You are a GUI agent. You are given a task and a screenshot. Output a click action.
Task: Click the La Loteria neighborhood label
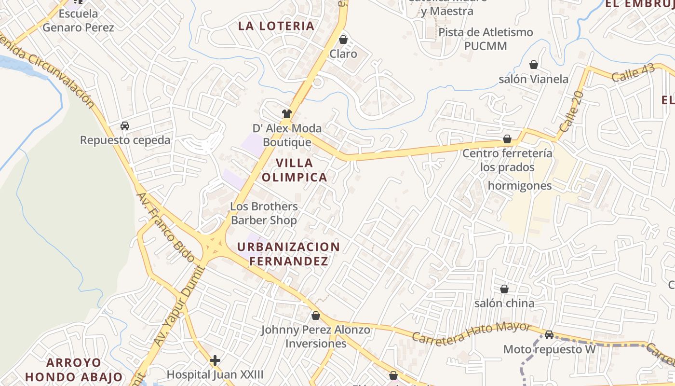coord(276,26)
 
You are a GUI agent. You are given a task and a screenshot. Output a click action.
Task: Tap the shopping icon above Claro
coord(343,40)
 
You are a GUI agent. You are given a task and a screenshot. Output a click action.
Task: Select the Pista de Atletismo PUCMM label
coord(486,39)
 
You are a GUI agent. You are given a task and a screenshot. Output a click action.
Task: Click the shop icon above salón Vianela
coord(534,65)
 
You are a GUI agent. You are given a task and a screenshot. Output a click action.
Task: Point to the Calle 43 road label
coord(633,73)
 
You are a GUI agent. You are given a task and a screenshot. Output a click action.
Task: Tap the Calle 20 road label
coord(572,112)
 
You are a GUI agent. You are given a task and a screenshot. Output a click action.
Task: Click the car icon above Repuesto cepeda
coord(125,126)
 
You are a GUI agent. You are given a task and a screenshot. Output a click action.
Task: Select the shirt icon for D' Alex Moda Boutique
coord(287,114)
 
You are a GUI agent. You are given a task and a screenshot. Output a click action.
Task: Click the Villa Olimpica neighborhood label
coord(295,170)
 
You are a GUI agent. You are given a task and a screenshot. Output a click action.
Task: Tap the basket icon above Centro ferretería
coord(507,139)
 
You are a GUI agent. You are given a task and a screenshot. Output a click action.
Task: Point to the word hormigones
coord(520,186)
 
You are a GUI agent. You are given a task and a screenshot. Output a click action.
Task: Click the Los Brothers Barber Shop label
coord(264,213)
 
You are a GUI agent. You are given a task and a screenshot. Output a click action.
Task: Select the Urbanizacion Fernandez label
coord(288,254)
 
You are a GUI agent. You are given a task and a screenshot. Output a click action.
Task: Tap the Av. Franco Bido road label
coord(166,227)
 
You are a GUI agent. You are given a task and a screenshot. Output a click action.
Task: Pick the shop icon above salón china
coord(504,289)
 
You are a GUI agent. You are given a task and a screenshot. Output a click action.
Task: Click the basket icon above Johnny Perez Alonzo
coord(316,316)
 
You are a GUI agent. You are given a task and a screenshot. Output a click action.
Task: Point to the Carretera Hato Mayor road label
coord(471,332)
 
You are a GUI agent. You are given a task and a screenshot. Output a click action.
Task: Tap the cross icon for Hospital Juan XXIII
coord(215,360)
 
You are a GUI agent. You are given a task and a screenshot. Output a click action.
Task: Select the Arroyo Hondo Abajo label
coord(74,370)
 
